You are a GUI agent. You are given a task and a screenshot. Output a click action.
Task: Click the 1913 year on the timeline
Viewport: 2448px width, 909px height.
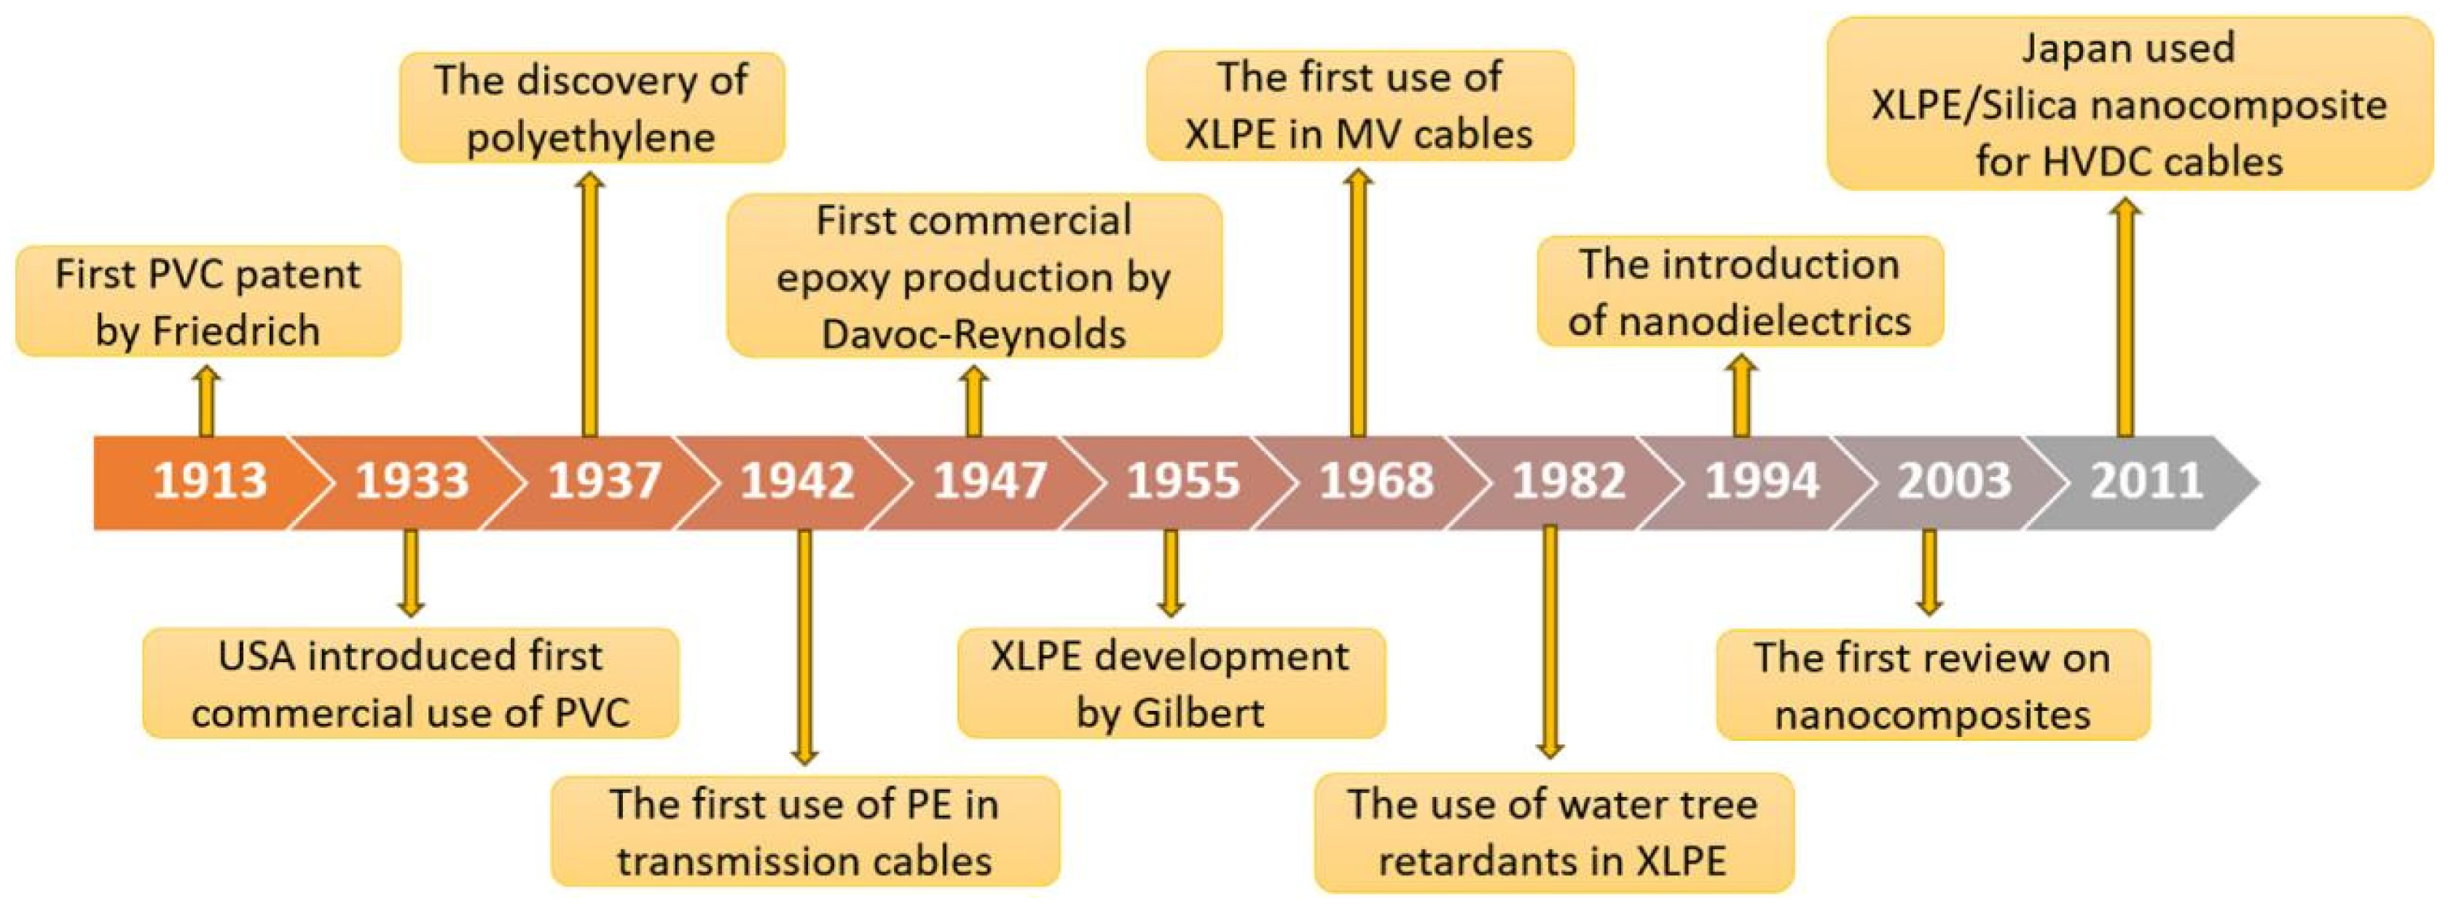pyautogui.click(x=209, y=481)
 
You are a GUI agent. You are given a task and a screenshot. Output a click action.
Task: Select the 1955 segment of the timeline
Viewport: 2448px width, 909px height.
pyautogui.click(x=1182, y=481)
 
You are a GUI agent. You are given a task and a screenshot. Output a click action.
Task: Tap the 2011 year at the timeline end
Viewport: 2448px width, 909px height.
pyautogui.click(x=2146, y=481)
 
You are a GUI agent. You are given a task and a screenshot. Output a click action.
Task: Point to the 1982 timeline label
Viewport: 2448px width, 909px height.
pyautogui.click(x=1568, y=481)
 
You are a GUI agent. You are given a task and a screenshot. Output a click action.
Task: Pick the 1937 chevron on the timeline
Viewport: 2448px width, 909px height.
pyautogui.click(x=605, y=481)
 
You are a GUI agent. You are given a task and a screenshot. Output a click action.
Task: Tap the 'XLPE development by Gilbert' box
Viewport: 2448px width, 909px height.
pyautogui.click(x=1170, y=684)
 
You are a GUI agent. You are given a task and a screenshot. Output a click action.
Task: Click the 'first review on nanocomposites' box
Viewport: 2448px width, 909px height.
pyautogui.click(x=1932, y=685)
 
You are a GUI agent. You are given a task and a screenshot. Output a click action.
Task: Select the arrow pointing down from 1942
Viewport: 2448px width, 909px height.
pyautogui.click(x=804, y=646)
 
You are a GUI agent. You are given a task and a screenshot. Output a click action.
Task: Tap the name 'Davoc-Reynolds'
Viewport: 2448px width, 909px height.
pyautogui.click(x=973, y=334)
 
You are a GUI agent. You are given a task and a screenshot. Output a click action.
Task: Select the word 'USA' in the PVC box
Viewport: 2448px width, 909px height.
pyautogui.click(x=256, y=656)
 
